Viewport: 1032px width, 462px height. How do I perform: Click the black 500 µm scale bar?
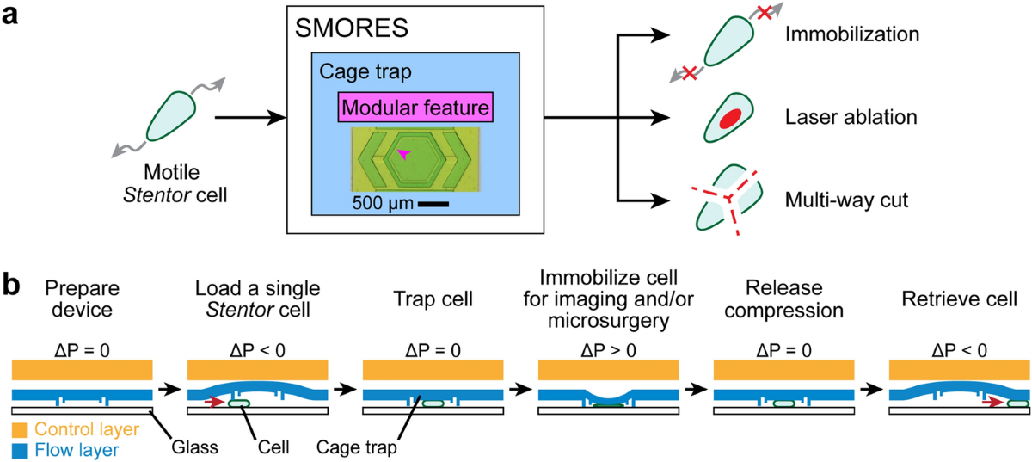(437, 204)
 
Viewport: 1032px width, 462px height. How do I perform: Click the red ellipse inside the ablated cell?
(733, 118)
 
